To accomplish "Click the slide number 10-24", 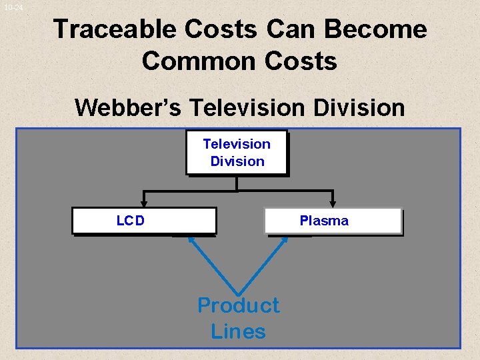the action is click(13, 7).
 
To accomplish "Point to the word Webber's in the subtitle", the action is click(125, 107).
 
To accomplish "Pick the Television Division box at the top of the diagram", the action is click(237, 153).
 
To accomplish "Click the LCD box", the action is click(144, 221).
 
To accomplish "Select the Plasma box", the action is click(333, 221).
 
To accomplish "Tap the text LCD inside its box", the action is click(130, 221).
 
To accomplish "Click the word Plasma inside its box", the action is click(324, 221).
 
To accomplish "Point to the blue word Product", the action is click(238, 305).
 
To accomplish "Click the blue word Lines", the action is click(238, 331).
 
